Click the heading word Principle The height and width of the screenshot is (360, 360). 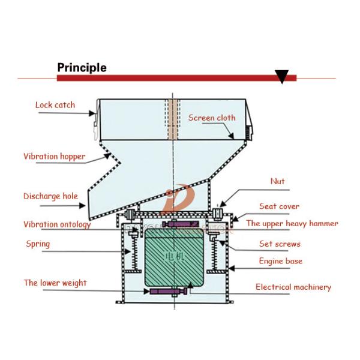pos(82,67)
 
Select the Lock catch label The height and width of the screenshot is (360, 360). pos(55,105)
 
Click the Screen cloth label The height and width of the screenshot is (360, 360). pos(212,118)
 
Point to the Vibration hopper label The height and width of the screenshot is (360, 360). pos(54,157)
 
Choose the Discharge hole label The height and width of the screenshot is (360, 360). pos(50,196)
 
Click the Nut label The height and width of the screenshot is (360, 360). pos(277,181)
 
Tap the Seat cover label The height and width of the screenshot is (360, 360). pos(279,206)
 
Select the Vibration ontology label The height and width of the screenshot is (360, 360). pos(57,224)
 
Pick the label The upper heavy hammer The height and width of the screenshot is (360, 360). pos(292,224)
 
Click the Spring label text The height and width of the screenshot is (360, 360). pos(38,244)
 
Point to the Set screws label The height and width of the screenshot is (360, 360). pos(280,244)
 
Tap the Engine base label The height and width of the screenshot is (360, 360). pos(280,262)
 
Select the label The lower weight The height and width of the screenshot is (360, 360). pos(55,283)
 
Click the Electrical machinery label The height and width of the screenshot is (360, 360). pos(293,287)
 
